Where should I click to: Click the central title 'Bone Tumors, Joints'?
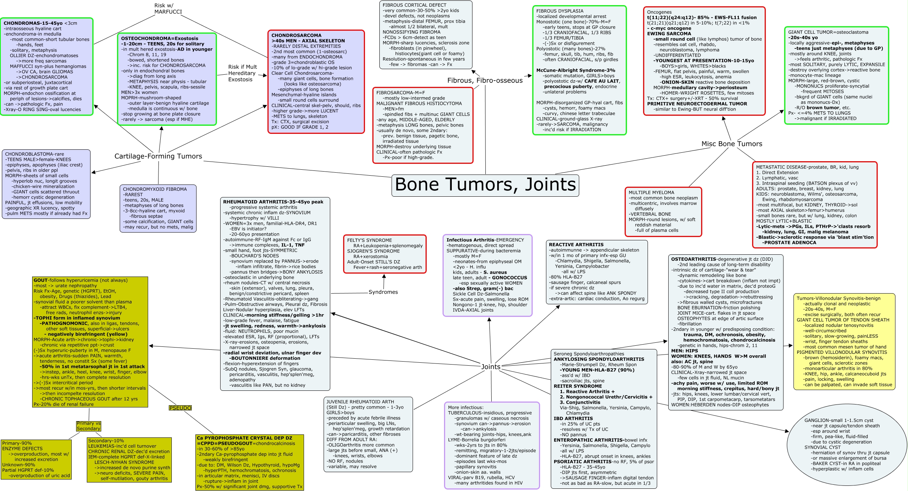coord(485,184)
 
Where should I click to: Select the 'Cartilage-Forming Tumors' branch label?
coord(158,156)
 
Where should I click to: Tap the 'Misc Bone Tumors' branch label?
coord(731,144)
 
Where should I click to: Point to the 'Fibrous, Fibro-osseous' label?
coord(485,81)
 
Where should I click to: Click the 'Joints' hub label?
coord(491,367)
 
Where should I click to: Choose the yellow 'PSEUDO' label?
coord(180,408)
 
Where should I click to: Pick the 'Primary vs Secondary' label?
coord(88,426)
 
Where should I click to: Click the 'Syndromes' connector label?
coord(383,292)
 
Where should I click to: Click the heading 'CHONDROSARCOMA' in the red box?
coord(296,35)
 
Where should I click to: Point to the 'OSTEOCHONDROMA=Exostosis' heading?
coord(160,38)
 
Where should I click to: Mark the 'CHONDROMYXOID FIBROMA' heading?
coord(155,189)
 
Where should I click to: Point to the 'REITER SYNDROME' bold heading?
coord(577,386)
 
